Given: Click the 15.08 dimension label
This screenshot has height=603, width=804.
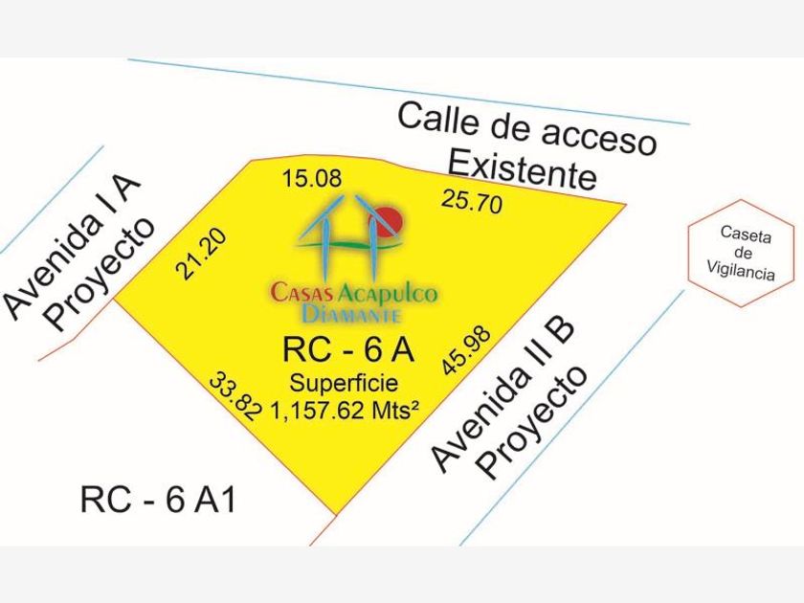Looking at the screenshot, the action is (x=312, y=180).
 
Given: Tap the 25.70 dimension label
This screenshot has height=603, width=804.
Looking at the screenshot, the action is (x=472, y=200).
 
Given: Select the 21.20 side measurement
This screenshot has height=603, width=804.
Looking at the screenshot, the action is (x=200, y=254).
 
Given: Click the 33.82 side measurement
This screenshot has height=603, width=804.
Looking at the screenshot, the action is (x=235, y=396).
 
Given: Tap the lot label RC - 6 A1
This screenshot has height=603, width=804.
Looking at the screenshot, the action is (x=158, y=500).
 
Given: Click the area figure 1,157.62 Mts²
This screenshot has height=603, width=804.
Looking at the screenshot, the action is (x=344, y=411).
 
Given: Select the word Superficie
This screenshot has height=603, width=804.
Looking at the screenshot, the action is (x=344, y=383).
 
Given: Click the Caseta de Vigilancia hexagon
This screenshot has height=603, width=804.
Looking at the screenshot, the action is (x=741, y=254).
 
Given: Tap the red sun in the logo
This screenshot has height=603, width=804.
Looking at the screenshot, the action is (x=391, y=221).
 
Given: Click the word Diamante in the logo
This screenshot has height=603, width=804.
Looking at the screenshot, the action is (x=351, y=313).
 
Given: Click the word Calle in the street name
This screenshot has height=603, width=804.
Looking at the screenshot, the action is (x=439, y=119).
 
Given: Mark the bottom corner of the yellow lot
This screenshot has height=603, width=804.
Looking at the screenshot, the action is (x=336, y=514).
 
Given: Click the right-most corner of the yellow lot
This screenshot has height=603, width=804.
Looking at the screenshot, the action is (x=627, y=204).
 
